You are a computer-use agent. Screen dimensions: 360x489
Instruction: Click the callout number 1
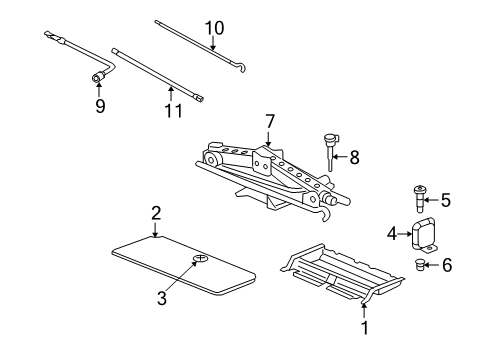click(x=364, y=326)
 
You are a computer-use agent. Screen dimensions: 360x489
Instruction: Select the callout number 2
click(x=156, y=212)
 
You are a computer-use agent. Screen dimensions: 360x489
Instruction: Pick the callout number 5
click(x=445, y=200)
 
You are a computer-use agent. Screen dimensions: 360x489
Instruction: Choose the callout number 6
click(x=445, y=265)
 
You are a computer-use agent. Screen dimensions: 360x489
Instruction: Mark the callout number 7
click(x=268, y=121)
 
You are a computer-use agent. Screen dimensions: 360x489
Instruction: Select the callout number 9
click(x=100, y=104)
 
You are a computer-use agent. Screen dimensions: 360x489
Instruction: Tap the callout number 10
click(x=209, y=28)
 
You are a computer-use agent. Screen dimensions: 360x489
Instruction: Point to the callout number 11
click(x=173, y=110)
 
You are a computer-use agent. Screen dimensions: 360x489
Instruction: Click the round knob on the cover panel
click(x=199, y=258)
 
